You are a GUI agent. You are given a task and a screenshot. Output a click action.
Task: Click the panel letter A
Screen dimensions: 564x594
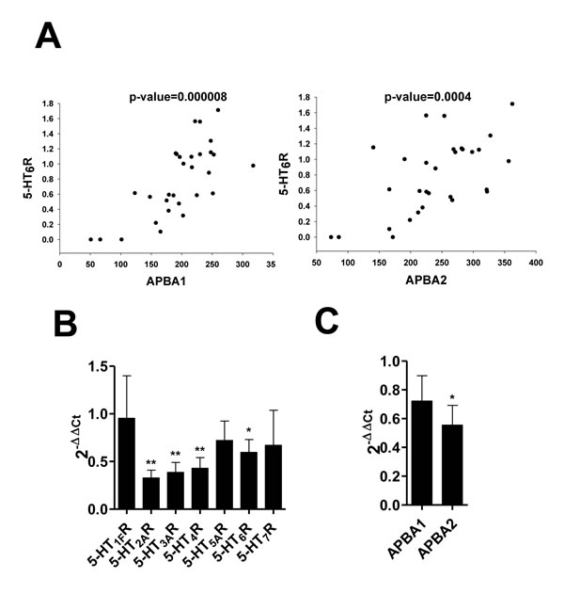pyautogui.click(x=48, y=36)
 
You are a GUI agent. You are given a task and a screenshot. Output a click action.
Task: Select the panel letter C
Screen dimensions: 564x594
pyautogui.click(x=327, y=321)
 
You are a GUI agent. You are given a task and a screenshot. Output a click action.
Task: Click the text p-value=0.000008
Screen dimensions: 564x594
pyautogui.click(x=179, y=97)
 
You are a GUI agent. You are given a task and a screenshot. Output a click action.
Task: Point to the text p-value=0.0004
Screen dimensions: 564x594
pyautogui.click(x=428, y=97)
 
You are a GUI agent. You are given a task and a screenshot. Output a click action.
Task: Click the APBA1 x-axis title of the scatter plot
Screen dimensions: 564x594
pyautogui.click(x=166, y=281)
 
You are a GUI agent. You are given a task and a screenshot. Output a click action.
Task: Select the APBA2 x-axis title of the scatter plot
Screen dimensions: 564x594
pyautogui.click(x=427, y=280)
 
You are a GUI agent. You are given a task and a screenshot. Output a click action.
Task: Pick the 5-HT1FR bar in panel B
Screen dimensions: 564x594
pyautogui.click(x=126, y=463)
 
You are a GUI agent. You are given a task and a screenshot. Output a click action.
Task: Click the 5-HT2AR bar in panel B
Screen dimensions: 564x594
pyautogui.click(x=151, y=493)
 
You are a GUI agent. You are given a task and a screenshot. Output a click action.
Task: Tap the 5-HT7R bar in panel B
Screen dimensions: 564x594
pyautogui.click(x=274, y=477)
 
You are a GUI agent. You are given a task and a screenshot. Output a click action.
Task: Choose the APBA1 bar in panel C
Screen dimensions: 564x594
pyautogui.click(x=422, y=453)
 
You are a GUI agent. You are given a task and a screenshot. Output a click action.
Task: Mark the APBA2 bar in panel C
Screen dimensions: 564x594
pyautogui.click(x=452, y=465)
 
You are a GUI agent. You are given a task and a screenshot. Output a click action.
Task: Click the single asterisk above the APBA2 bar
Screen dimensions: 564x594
pyautogui.click(x=452, y=398)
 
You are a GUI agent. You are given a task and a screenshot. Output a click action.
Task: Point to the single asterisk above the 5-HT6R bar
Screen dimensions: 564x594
pyautogui.click(x=249, y=430)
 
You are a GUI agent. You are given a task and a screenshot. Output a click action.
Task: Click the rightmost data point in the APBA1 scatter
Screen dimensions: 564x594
pyautogui.click(x=253, y=166)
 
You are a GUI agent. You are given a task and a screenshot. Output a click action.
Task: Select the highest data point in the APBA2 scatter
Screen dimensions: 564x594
pyautogui.click(x=512, y=104)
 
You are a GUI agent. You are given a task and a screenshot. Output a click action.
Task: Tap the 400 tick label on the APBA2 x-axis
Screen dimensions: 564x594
pyautogui.click(x=536, y=263)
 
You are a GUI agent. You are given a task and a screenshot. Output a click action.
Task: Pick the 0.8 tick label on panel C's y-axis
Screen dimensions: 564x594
pyautogui.click(x=389, y=390)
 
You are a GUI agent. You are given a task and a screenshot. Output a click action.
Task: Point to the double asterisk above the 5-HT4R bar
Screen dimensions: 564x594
pyautogui.click(x=199, y=450)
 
